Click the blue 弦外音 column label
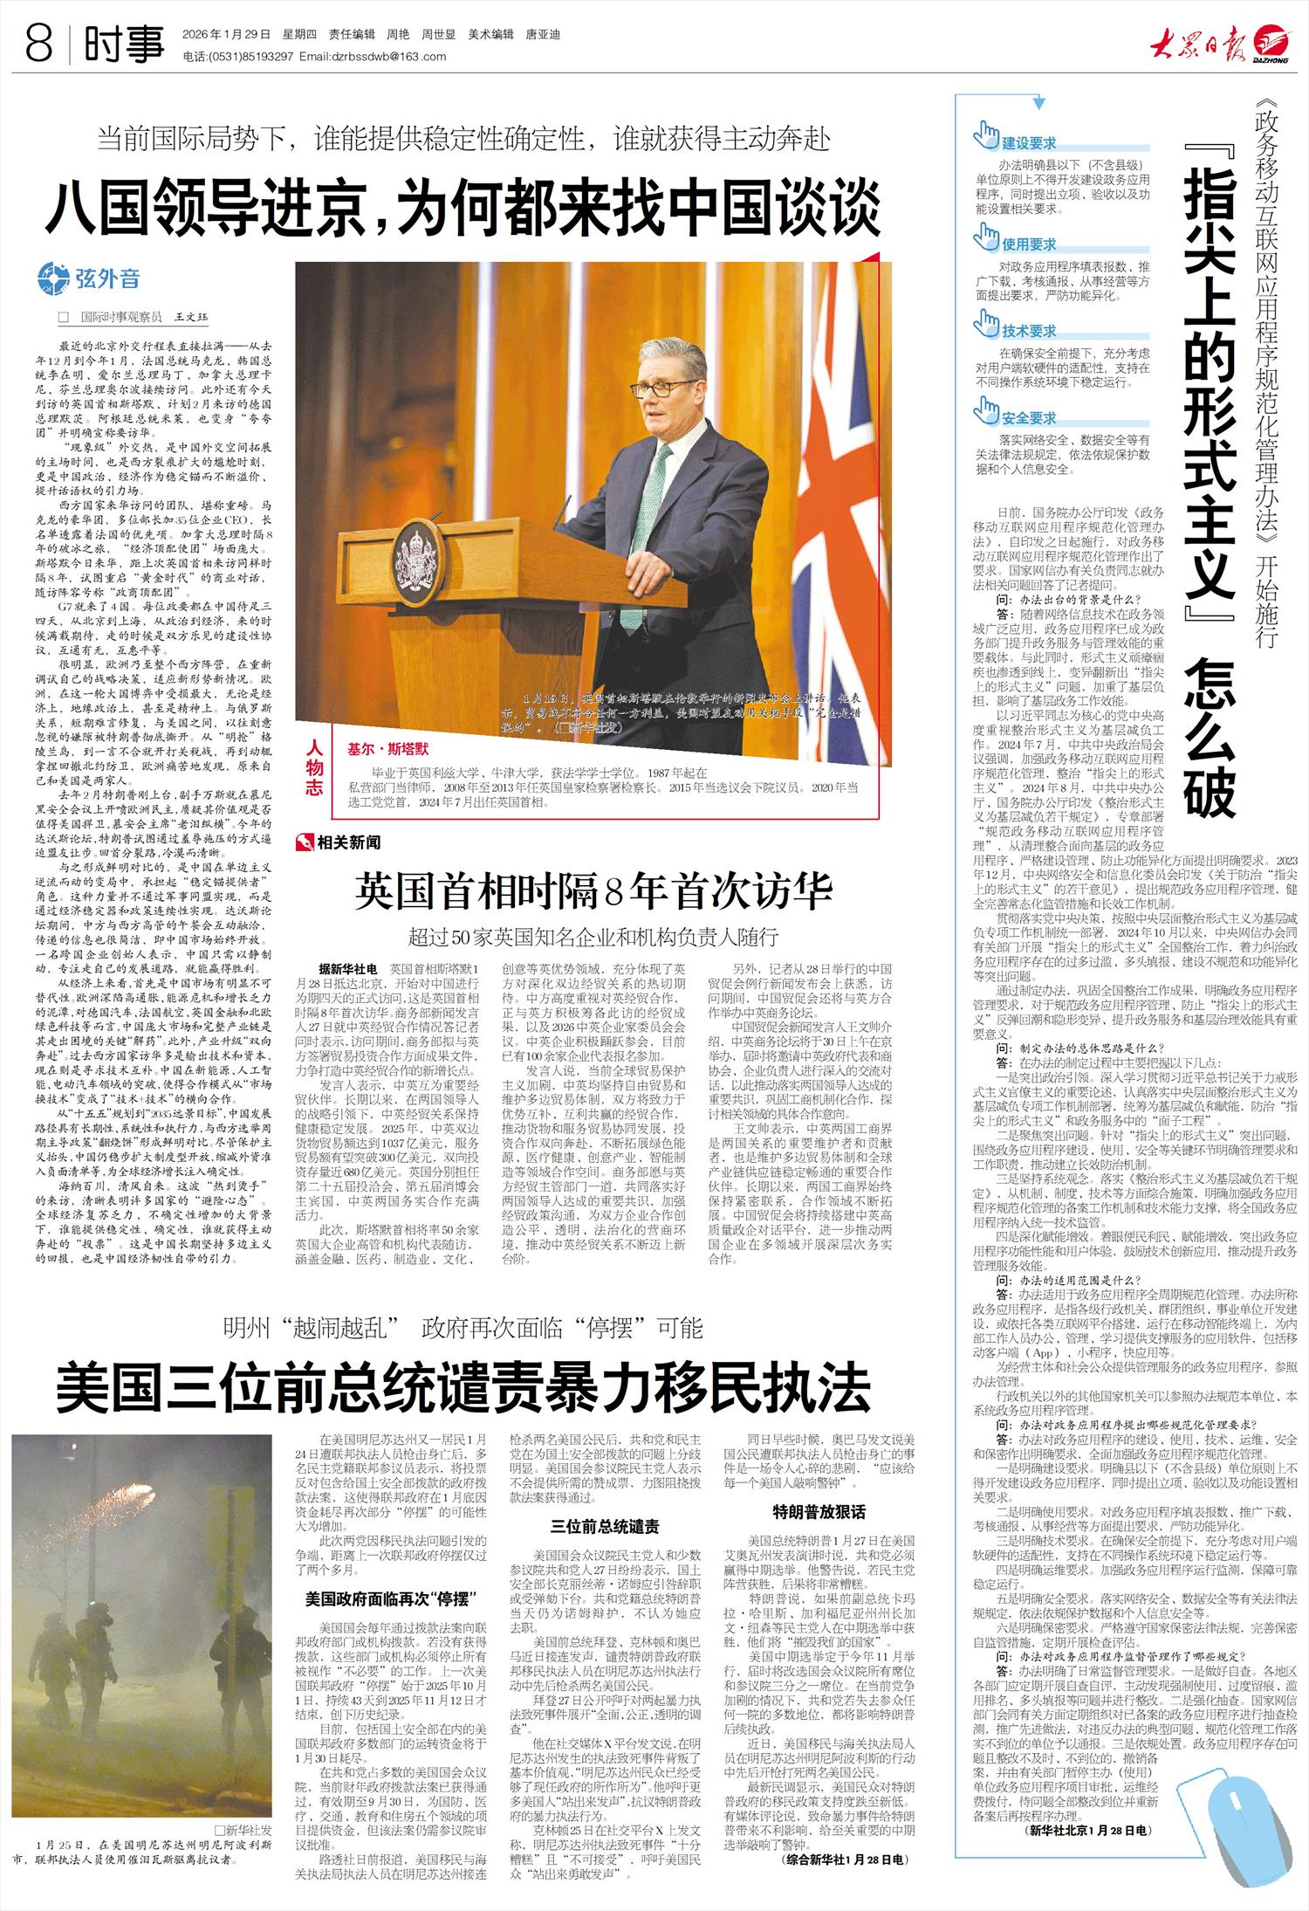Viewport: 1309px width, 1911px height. point(106,279)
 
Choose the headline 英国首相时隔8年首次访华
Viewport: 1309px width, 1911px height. point(593,891)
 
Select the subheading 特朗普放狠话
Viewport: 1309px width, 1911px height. point(819,1511)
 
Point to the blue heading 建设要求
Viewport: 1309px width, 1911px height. point(1028,143)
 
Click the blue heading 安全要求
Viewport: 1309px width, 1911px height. point(1028,418)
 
